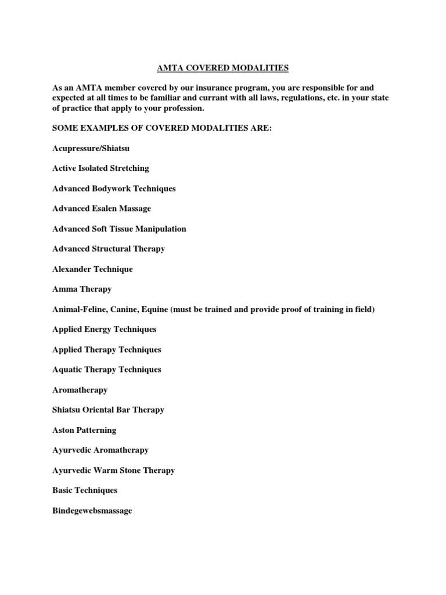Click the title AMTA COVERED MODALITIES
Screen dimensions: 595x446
223,68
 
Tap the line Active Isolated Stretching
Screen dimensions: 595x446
100,168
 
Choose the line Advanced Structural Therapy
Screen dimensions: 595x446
109,249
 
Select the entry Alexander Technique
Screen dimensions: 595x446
92,269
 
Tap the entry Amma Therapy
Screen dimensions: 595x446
82,289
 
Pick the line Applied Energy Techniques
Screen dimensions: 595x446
104,329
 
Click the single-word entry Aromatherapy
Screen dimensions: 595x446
80,390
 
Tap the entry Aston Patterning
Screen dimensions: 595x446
84,430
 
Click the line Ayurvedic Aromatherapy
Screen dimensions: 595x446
100,450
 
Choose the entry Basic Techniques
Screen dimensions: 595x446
85,490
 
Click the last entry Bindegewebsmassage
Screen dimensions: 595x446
92,511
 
